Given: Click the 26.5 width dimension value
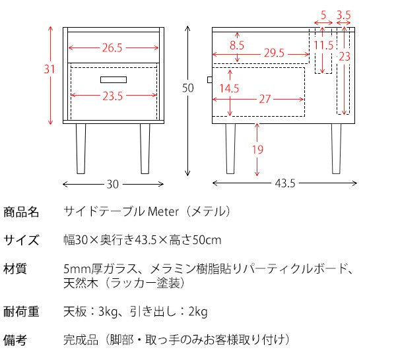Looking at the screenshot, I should click(x=112, y=47).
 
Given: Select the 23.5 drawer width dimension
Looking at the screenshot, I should click(x=112, y=96).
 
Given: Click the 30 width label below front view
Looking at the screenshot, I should click(x=112, y=184).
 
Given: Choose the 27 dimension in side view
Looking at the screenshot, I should click(x=265, y=100).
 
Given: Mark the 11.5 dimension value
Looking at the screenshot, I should click(x=323, y=45).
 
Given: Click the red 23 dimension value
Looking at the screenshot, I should click(x=344, y=57).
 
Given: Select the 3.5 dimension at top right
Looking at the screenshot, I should click(x=343, y=15).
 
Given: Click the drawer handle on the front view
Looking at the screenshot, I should click(x=113, y=80).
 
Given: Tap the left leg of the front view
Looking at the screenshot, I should click(x=81, y=148).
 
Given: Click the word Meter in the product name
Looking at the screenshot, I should click(x=162, y=212).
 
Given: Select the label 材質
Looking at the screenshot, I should click(x=15, y=269).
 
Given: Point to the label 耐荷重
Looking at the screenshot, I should click(x=21, y=312).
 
